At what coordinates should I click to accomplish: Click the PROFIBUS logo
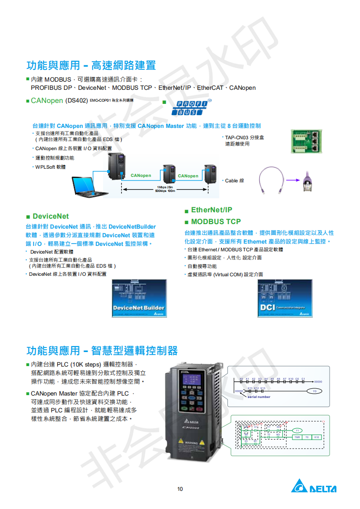click(x=191, y=108)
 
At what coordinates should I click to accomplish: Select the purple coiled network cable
click(x=271, y=180)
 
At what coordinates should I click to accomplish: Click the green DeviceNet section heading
click(x=50, y=216)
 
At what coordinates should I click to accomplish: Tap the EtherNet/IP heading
click(x=212, y=210)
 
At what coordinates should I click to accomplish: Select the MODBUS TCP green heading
click(x=216, y=221)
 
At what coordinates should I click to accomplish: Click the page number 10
click(x=180, y=489)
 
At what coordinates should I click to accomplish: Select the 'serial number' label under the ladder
click(x=259, y=397)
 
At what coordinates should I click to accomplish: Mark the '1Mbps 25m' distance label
click(x=164, y=187)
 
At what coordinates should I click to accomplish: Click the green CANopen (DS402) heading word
click(x=47, y=100)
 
